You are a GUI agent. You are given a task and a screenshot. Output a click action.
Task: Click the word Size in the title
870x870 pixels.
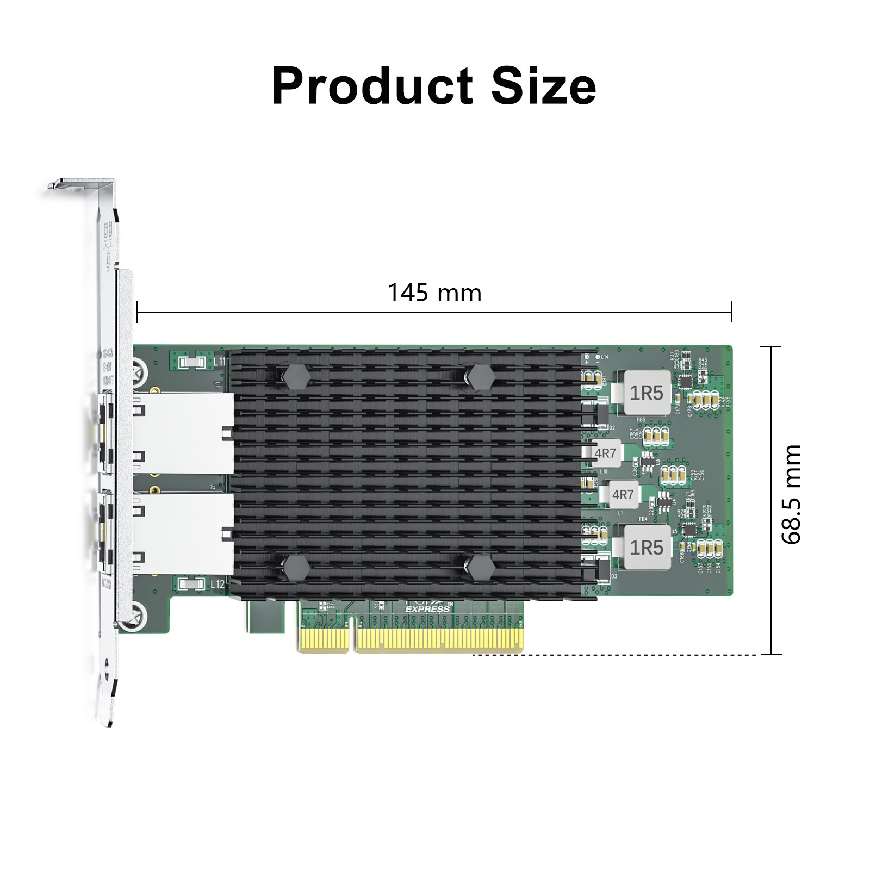(543, 86)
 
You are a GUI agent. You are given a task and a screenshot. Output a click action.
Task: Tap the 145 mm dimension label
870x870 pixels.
(434, 293)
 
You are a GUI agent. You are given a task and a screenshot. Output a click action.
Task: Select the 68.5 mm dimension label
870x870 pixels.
(791, 494)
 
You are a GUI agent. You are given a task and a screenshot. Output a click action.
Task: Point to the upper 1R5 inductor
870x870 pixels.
(646, 393)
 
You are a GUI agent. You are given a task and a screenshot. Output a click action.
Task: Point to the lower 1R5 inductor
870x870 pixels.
(646, 547)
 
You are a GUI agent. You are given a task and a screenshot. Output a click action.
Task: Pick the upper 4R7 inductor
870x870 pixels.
(605, 453)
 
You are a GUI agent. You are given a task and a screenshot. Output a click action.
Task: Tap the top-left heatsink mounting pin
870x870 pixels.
(296, 376)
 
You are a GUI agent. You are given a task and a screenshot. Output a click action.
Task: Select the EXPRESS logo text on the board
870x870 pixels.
(428, 609)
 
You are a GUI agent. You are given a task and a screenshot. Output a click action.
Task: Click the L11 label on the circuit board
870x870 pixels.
(220, 361)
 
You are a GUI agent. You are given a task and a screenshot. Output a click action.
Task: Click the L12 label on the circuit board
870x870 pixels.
(217, 584)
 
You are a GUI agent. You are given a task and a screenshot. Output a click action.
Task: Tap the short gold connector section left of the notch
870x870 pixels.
(324, 639)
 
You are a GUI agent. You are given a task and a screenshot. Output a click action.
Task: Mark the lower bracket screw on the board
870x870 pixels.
(135, 617)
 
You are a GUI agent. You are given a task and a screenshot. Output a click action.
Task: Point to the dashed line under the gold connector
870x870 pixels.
(614, 655)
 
